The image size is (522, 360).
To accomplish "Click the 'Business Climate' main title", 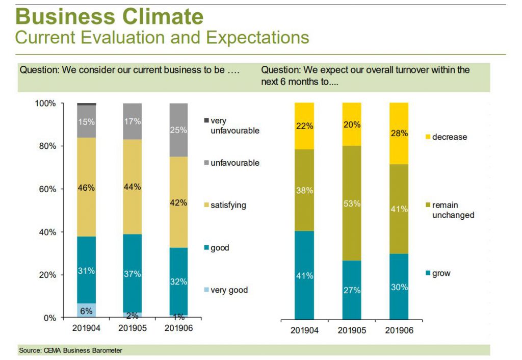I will [109, 16].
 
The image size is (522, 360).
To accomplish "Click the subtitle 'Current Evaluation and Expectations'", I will [162, 37].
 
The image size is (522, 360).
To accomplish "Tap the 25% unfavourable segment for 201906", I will [179, 130].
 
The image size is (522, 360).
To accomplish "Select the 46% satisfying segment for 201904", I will [86, 187].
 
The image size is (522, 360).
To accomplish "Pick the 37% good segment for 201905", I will [133, 273].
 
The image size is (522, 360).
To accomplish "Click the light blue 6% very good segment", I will [86, 310].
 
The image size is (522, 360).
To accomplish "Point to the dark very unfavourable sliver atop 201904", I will [86, 104].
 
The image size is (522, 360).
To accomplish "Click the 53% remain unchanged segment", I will [352, 203].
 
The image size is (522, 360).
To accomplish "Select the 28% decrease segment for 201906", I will [399, 133].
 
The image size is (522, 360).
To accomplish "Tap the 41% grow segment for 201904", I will [304, 275].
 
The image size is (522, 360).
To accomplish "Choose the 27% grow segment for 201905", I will [352, 290].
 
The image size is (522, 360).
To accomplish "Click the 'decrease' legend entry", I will [449, 137].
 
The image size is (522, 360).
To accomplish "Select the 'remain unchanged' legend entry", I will [452, 210].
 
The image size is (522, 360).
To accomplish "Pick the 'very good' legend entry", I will [228, 290].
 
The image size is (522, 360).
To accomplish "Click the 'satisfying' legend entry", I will [228, 205].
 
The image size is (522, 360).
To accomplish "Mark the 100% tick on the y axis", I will [45, 104].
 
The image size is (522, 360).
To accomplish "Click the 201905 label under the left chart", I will [133, 328].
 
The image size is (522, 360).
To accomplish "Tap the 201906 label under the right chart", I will [399, 330].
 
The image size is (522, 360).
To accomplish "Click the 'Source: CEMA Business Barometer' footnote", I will [71, 350].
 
